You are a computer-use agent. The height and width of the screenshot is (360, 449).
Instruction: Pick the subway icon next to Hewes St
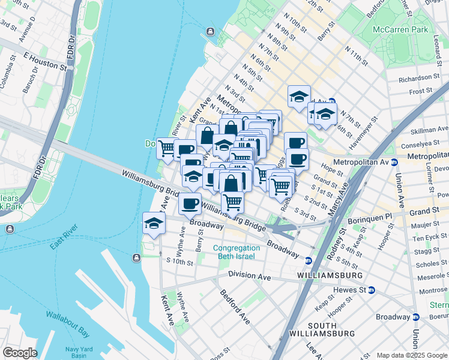click(371, 290)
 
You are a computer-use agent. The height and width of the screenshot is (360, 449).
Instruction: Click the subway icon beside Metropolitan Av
click(394, 163)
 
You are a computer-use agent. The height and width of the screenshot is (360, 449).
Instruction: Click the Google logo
click(20, 352)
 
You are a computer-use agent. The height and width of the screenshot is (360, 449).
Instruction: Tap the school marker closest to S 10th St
click(154, 224)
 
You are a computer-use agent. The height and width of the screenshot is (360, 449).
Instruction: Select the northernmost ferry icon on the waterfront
click(210, 31)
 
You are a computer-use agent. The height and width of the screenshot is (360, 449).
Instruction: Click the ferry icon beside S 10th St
click(137, 258)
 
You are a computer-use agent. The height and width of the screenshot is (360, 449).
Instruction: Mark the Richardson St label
click(419, 78)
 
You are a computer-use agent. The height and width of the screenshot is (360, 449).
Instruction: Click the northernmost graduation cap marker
click(298, 97)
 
